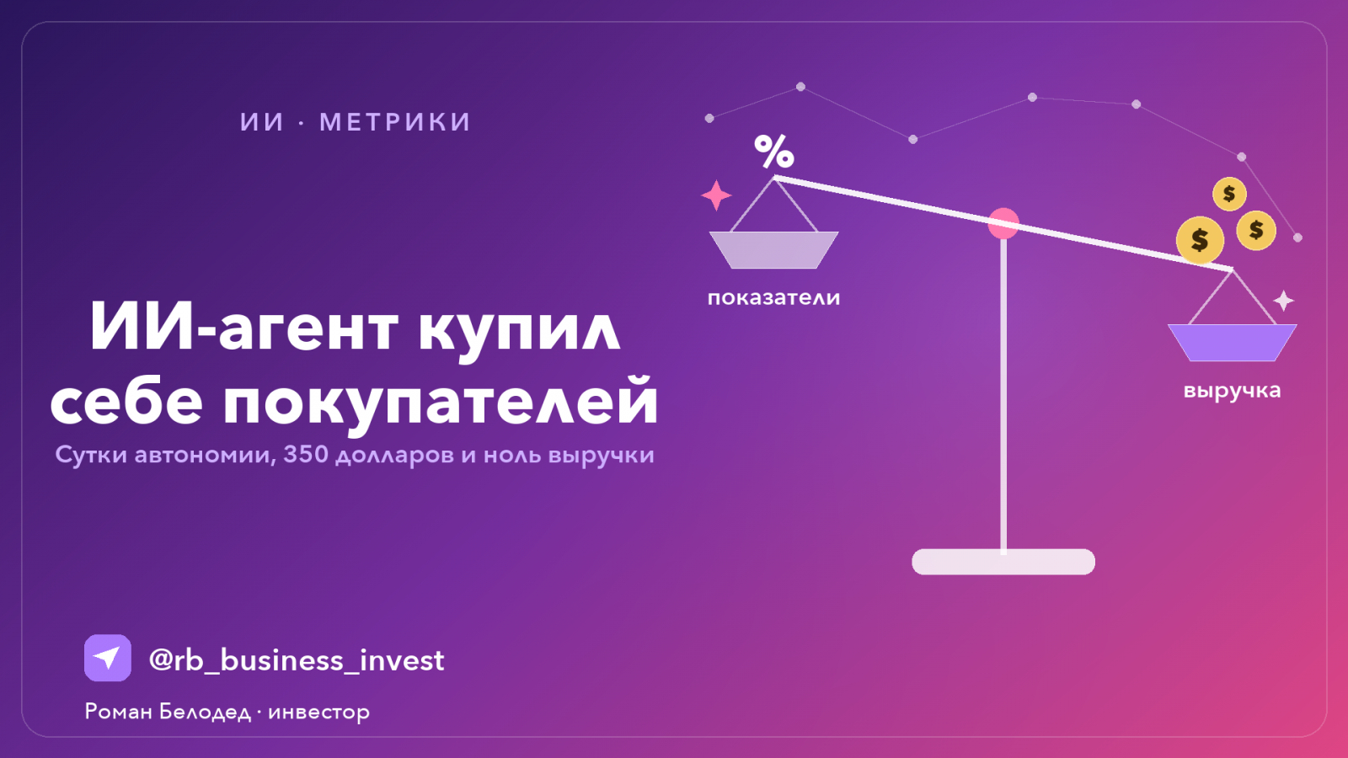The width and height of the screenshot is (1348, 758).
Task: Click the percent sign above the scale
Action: [x=774, y=151]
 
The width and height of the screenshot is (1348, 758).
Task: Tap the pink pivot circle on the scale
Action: [x=1003, y=224]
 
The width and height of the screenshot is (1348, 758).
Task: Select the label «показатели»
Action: [x=773, y=298]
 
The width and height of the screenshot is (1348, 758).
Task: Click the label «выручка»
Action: [x=1232, y=391]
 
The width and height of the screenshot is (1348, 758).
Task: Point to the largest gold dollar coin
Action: [x=1200, y=240]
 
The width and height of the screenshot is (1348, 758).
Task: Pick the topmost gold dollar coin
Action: [x=1229, y=194]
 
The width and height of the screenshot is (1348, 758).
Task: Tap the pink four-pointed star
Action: [x=716, y=195]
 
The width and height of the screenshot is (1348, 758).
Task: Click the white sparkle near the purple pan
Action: [x=1283, y=301]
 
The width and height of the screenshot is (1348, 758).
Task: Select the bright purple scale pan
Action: [x=1232, y=343]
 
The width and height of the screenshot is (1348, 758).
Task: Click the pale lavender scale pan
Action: [x=774, y=249]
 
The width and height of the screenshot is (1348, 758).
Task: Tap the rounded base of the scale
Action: [x=1003, y=562]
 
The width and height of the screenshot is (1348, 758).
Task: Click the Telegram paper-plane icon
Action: [x=108, y=658]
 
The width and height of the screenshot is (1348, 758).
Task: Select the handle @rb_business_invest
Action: [x=296, y=660]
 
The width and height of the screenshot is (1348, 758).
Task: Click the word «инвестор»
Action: [x=319, y=713]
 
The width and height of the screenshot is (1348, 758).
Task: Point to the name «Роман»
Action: [x=119, y=712]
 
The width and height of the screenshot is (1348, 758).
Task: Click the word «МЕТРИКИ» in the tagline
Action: [x=395, y=122]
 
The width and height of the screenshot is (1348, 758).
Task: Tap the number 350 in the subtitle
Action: [x=306, y=454]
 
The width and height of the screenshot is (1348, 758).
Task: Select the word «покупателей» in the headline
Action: [x=441, y=400]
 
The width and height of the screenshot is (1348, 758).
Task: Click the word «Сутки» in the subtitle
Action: [x=91, y=455]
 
